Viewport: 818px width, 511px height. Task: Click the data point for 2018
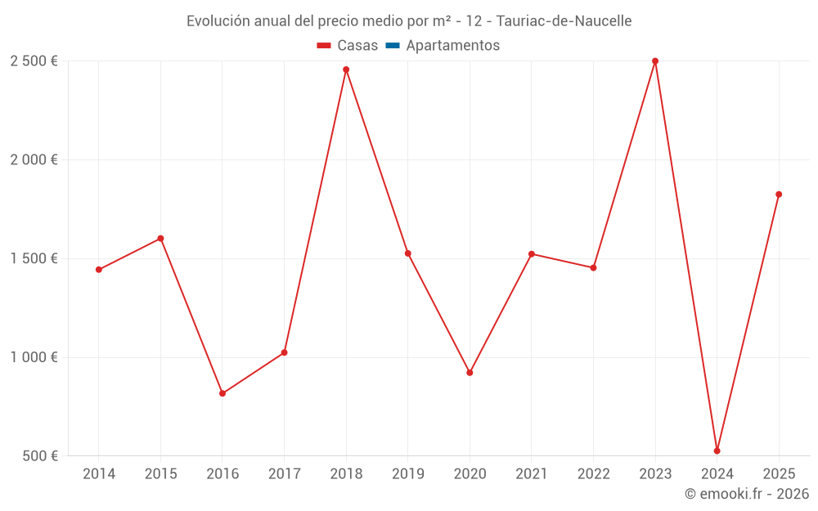(346, 69)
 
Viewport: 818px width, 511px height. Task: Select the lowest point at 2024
(717, 450)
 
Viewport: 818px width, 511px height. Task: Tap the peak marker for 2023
(655, 61)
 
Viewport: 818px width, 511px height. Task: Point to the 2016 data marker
(222, 393)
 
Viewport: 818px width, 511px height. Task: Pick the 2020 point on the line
(470, 373)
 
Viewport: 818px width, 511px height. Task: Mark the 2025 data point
(779, 195)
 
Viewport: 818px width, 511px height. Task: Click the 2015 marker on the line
(160, 239)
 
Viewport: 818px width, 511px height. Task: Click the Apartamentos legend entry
(452, 46)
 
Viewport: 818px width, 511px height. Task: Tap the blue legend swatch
(392, 46)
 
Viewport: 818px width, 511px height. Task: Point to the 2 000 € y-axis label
(34, 160)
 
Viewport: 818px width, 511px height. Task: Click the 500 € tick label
(39, 456)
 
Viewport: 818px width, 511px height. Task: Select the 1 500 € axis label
(34, 258)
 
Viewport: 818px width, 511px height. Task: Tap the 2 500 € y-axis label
(34, 61)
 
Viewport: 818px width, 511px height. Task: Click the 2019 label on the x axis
(407, 474)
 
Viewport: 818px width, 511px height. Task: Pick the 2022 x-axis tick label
(593, 474)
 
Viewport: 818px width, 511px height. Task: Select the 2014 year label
(99, 474)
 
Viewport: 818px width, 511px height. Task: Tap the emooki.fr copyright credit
(747, 494)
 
